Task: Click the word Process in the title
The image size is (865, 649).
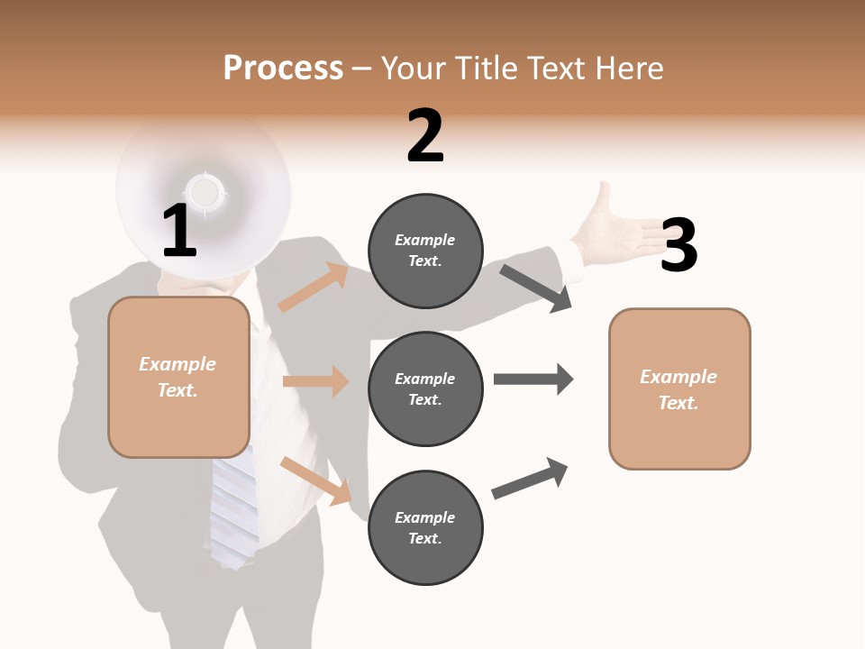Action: coord(283,68)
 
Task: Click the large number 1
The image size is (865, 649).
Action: coord(179,231)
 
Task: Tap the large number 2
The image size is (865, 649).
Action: coord(425,136)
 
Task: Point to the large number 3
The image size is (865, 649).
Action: coord(678,245)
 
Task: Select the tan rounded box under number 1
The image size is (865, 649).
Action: coord(178,377)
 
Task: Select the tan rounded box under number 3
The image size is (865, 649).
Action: coord(679,388)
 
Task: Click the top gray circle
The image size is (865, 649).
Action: coord(425,251)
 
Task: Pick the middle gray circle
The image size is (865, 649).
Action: coord(425,388)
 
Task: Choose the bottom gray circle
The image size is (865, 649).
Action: coord(425,527)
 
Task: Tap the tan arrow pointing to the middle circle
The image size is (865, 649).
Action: coord(315,381)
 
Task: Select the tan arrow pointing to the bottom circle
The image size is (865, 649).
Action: coord(316,480)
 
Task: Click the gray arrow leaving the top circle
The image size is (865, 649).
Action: coord(536,288)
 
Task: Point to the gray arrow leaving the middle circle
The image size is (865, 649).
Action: coord(533,379)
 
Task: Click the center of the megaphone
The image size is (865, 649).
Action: coord(205,191)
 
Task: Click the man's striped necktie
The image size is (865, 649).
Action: coord(233,509)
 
